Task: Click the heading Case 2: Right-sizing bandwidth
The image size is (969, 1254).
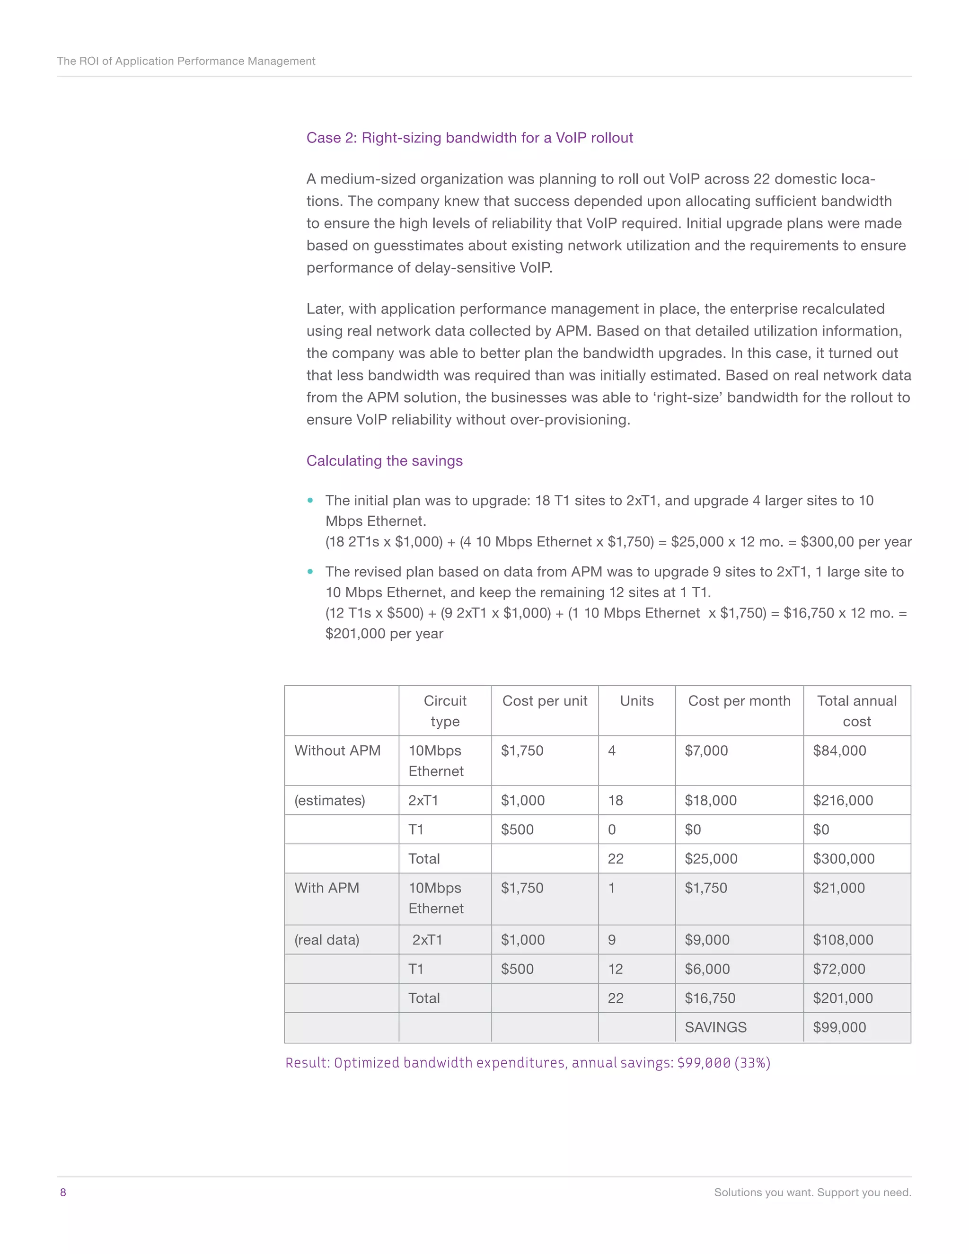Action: tap(469, 138)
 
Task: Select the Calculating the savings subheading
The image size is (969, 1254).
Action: tap(384, 460)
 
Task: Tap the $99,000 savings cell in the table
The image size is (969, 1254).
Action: tap(839, 1027)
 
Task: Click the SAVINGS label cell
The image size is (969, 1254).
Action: tap(715, 1027)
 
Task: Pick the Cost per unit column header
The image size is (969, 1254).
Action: tap(544, 701)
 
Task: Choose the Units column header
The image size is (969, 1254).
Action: tap(637, 701)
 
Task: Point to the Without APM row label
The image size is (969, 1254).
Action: tap(337, 751)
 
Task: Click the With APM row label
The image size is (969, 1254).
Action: tap(326, 888)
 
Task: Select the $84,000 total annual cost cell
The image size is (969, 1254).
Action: tap(839, 751)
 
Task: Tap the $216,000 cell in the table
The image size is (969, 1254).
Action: tap(842, 800)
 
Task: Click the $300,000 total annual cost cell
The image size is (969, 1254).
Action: tap(843, 858)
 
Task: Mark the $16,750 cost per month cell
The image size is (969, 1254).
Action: tap(710, 998)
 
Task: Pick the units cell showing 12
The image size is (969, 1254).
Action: tap(616, 969)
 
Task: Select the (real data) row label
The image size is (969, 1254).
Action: tap(326, 940)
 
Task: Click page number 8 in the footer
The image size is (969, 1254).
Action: tap(63, 1192)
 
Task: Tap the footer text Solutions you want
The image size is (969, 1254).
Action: tap(812, 1192)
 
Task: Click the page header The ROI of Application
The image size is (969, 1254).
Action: tap(186, 61)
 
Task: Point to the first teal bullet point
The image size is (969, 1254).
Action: tap(310, 501)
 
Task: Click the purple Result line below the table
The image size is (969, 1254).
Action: tap(527, 1063)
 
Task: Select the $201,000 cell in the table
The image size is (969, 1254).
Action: tap(842, 998)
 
